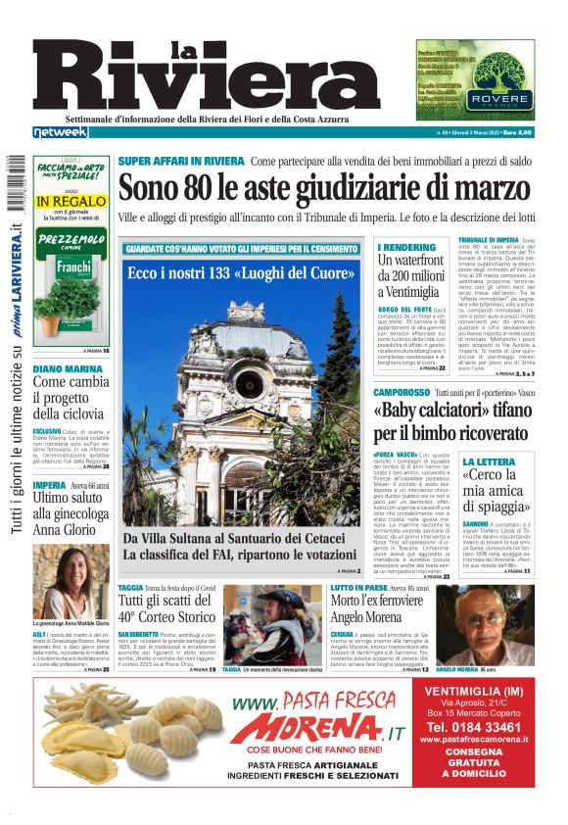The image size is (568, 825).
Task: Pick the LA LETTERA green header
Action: (488, 461)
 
